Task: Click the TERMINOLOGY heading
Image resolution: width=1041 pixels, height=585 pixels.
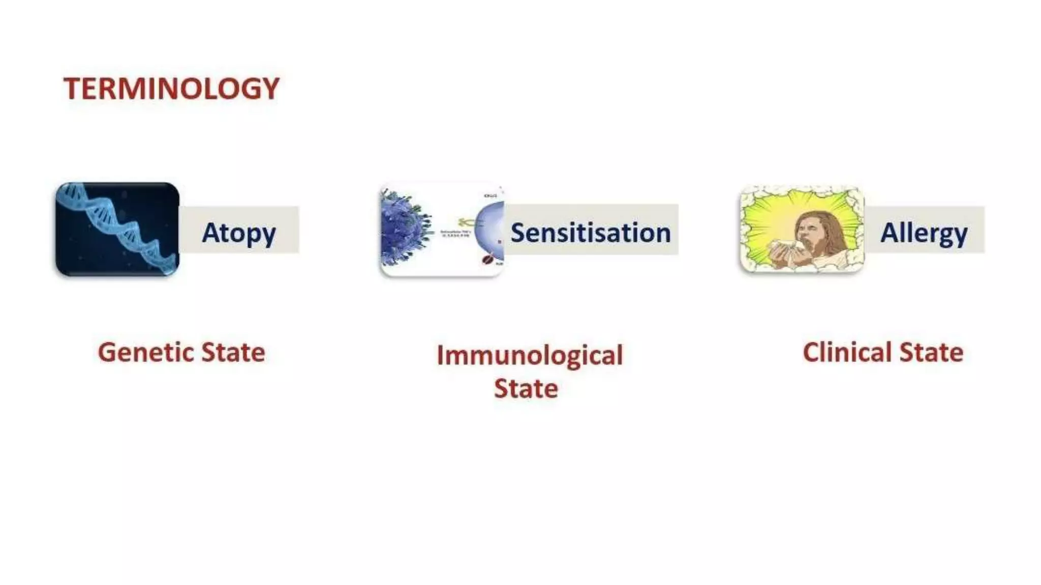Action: pyautogui.click(x=171, y=89)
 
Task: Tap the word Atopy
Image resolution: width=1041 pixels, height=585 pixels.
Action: pyautogui.click(x=239, y=234)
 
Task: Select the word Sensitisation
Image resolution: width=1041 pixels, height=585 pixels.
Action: pyautogui.click(x=591, y=233)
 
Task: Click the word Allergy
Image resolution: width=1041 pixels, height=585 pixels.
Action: pyautogui.click(x=924, y=234)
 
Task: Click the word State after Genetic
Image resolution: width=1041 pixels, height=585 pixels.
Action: pyautogui.click(x=233, y=352)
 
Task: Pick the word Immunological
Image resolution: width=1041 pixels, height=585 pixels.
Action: pyautogui.click(x=530, y=355)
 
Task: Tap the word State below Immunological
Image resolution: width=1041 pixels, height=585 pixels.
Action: pyautogui.click(x=526, y=389)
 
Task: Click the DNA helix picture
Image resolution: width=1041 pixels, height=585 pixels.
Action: pyautogui.click(x=117, y=230)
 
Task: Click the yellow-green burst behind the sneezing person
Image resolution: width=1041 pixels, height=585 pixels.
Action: pyautogui.click(x=768, y=213)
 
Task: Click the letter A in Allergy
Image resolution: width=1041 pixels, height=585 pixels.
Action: pyautogui.click(x=891, y=233)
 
